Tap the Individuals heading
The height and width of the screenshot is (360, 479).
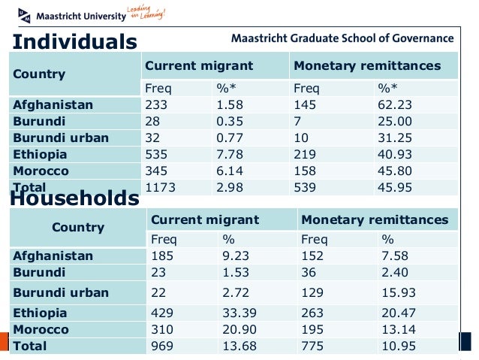(74, 41)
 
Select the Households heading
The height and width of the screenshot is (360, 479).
(74, 198)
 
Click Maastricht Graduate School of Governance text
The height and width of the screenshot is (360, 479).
(342, 38)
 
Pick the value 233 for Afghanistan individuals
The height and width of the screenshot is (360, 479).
(156, 104)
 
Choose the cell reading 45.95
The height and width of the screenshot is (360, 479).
(392, 187)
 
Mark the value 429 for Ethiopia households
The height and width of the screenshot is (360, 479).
(163, 313)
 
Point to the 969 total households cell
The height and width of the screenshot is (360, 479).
(163, 346)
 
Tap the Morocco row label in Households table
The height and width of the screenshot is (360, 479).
(41, 329)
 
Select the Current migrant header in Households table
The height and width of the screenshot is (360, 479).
(205, 220)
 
